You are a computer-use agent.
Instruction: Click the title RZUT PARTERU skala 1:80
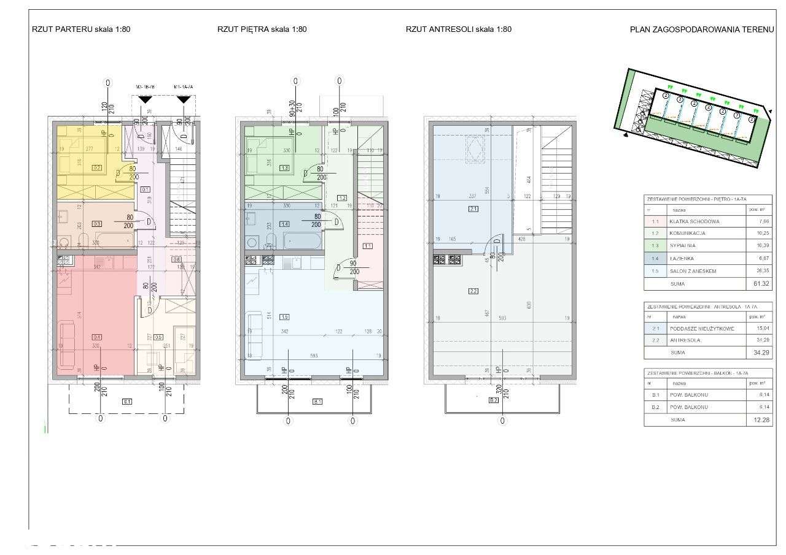coord(81,29)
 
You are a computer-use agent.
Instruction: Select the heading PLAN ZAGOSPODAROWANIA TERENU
coord(701,29)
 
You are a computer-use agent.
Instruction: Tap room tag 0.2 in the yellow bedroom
coord(96,167)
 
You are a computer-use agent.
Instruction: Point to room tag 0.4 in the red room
coord(96,337)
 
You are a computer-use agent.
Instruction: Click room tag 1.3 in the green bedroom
coord(284,167)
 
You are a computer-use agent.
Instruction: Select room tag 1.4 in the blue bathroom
coord(284,224)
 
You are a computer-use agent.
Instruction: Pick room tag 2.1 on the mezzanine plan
coord(473,209)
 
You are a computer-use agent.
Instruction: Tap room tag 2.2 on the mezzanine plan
coord(473,291)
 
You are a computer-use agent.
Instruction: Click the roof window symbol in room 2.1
coord(474,150)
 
